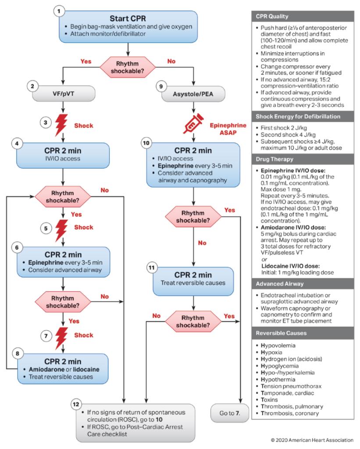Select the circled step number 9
tap(160, 87)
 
